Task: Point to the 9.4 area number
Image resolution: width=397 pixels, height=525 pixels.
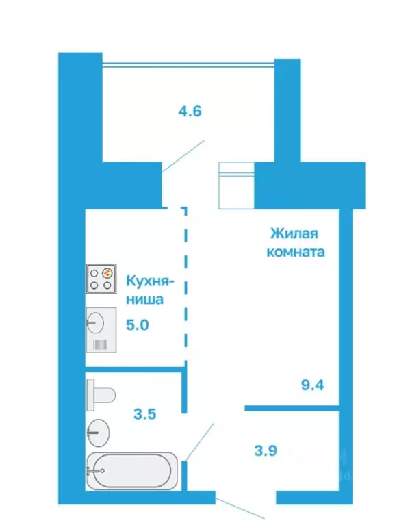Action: coord(311,383)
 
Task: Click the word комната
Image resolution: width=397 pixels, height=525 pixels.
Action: coord(295,251)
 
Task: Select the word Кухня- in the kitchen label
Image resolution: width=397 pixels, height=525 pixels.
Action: coord(151,281)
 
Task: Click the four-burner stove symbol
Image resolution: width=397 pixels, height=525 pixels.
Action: coord(101,279)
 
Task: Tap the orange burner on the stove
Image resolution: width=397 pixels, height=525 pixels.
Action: coord(107,273)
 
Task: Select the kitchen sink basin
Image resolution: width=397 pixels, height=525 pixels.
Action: coord(96,320)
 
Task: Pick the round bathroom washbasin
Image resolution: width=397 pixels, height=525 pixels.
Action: coord(98,430)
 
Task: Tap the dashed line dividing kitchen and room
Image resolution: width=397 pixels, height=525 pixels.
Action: coord(186,287)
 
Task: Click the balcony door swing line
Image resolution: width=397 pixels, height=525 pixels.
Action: coord(183,157)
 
